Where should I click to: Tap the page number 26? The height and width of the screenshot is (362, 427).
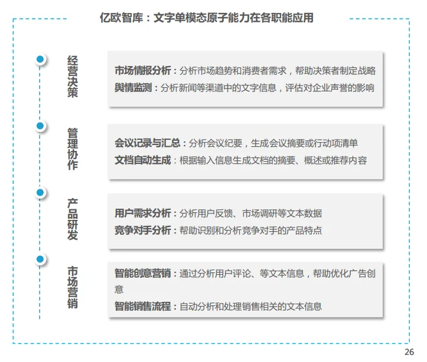[x=409, y=353]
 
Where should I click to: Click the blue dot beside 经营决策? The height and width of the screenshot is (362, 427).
[x=40, y=59]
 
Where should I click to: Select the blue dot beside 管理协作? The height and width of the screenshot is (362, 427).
[x=40, y=126]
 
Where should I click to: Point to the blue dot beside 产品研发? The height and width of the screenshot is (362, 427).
[x=40, y=192]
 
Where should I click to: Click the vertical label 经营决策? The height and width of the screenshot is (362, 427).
[x=73, y=77]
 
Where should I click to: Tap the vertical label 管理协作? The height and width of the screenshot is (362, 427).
[x=73, y=147]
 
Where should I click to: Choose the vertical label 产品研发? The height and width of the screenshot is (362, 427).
[x=73, y=218]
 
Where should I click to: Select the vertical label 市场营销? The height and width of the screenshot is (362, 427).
[x=73, y=288]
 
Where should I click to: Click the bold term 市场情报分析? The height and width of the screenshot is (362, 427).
[x=142, y=71]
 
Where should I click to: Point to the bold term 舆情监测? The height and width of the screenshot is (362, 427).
[x=133, y=88]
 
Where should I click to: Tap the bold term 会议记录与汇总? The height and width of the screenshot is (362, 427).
[x=147, y=143]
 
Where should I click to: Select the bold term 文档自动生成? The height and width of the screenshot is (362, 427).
[x=142, y=160]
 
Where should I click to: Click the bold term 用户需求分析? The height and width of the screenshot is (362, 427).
[x=142, y=213]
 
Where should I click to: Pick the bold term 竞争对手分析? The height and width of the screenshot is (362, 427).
[x=142, y=231]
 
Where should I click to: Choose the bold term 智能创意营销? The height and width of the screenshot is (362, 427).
[x=142, y=274]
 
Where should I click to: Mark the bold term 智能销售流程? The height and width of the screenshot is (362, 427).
[x=142, y=307]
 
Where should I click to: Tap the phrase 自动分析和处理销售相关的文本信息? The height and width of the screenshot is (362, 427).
[x=250, y=307]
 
